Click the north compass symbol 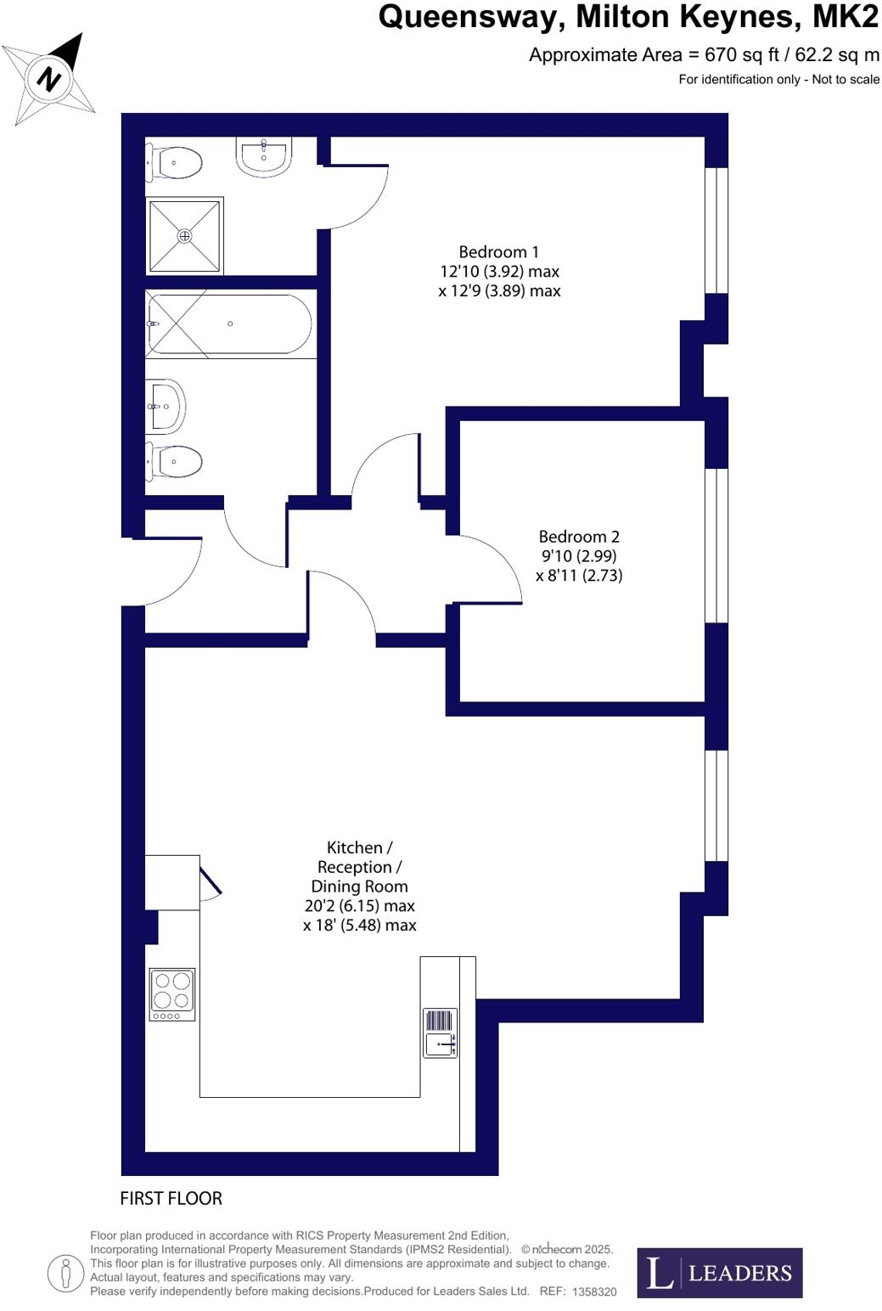(x=49, y=79)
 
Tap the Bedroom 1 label (x=498, y=252)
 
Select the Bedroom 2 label (x=579, y=537)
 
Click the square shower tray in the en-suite (x=184, y=235)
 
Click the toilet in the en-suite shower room (x=175, y=162)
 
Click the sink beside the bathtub (x=166, y=406)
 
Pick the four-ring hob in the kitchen (x=172, y=993)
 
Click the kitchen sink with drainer (x=441, y=1033)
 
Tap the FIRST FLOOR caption (x=171, y=1198)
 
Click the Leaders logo (x=719, y=1272)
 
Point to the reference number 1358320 (x=594, y=1291)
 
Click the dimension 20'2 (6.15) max (x=359, y=906)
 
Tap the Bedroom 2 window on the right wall (x=716, y=545)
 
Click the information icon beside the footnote (x=65, y=1274)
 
